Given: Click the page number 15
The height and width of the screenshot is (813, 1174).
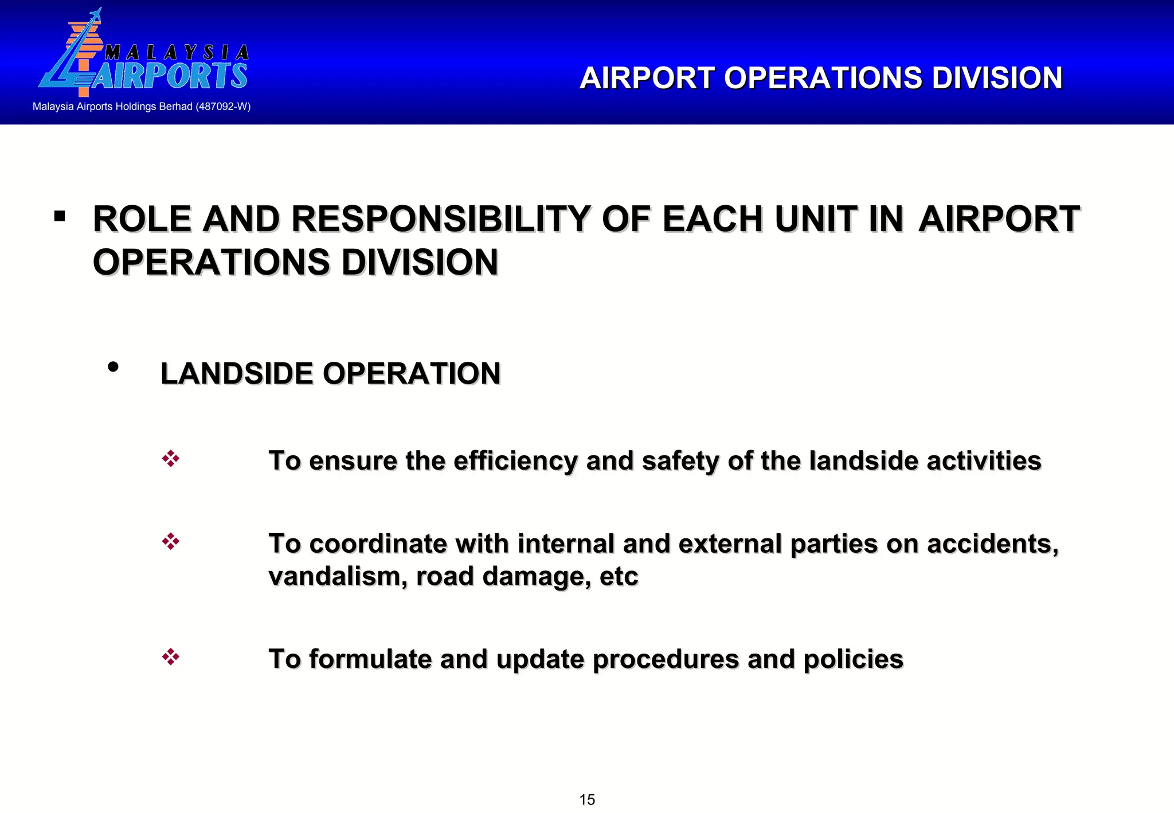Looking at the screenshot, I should (587, 799).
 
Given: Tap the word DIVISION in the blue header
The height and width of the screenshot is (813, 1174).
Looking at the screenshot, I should (997, 78).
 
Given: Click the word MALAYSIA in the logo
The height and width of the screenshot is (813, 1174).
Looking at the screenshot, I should (177, 53).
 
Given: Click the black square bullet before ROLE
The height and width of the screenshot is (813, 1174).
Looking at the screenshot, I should (59, 217).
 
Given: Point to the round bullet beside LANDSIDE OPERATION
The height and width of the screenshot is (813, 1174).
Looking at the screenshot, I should (113, 367).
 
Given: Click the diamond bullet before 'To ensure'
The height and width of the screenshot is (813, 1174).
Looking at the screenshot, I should (171, 459).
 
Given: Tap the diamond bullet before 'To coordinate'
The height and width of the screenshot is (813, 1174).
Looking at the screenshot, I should (171, 541).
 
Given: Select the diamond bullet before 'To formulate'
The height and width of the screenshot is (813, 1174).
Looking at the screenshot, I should (171, 656).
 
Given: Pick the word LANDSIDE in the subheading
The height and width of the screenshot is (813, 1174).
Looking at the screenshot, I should (236, 374).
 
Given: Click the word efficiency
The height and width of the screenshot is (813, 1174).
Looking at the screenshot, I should (515, 461).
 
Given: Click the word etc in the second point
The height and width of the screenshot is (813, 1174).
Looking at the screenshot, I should (619, 576).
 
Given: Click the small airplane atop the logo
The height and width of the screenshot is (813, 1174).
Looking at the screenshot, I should (95, 15).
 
